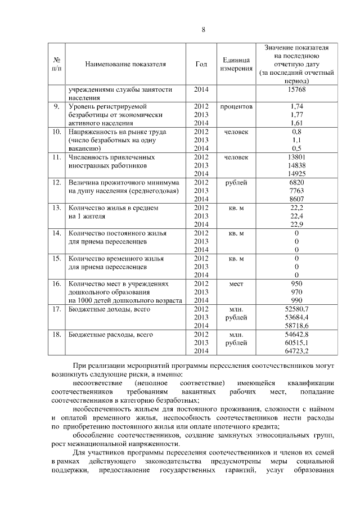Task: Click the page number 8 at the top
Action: coord(202,30)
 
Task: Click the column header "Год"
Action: coord(201,64)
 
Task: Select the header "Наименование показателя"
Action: coord(125,64)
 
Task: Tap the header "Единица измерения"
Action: coord(236,64)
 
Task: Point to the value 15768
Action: coord(296,89)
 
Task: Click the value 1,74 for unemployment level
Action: coord(296,106)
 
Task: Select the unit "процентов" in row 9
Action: coord(236,106)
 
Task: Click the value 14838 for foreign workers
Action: coord(296,165)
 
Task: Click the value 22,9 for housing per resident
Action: coord(296,224)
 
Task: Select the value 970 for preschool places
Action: coord(296,292)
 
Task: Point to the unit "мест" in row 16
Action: coord(236,283)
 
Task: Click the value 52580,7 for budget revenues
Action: coord(296,309)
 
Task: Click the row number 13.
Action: coord(56,208)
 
